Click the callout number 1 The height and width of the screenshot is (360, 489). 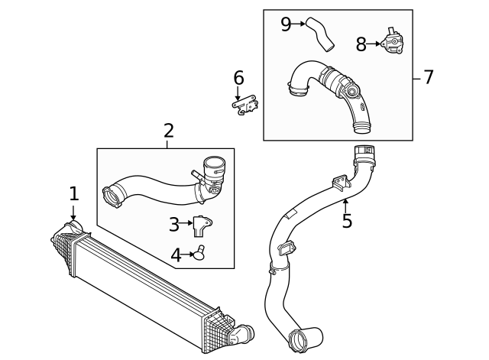pos(74,194)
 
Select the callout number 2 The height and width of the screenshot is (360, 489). pos(169,131)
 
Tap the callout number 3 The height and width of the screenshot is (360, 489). pos(174,225)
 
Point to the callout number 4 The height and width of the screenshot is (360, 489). pos(176,255)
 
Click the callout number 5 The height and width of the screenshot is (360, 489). pos(347,222)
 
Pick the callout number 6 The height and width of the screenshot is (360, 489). pos(238,78)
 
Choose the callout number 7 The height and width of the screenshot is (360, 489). pos(428,77)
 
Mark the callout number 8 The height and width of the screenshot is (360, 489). pos(361,45)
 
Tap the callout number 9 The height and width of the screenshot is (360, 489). pos(286,24)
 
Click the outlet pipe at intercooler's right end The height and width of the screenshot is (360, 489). pos(243,333)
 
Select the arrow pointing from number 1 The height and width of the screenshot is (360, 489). pos(74,212)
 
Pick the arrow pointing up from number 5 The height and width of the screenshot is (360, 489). pos(346,204)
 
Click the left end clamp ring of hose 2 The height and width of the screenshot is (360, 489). pos(113,197)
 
